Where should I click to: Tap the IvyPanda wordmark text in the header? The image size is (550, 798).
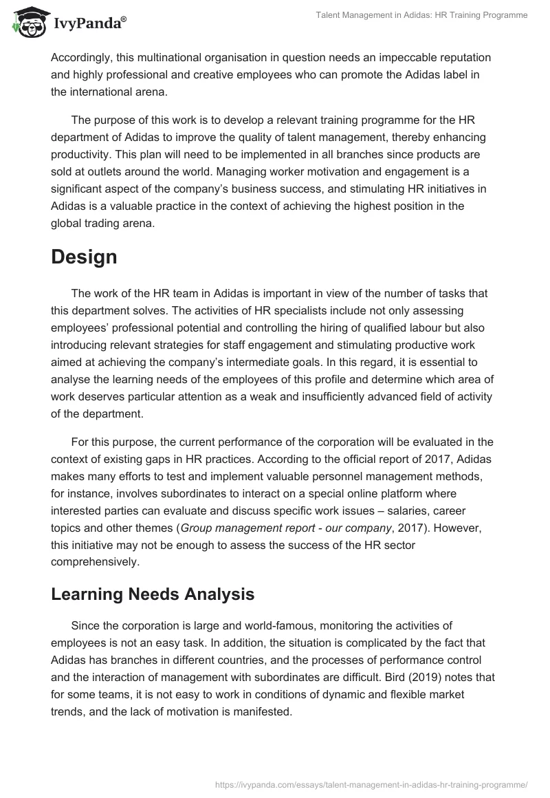coord(90,25)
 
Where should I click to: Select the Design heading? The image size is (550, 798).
coord(84,257)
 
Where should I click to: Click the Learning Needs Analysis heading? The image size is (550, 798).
coord(153,594)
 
